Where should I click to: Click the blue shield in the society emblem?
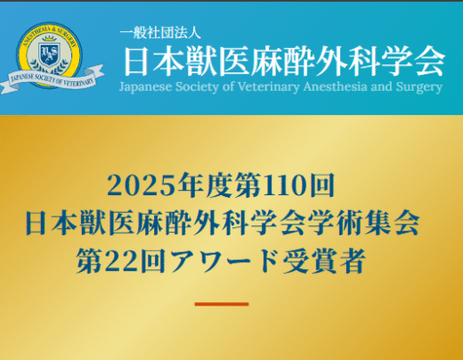(x=50, y=54)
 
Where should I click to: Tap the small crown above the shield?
(x=49, y=39)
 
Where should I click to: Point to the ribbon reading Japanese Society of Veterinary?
(x=53, y=78)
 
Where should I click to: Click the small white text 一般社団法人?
(x=160, y=33)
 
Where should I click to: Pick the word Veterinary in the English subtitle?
(x=269, y=87)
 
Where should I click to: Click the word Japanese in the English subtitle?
(x=145, y=87)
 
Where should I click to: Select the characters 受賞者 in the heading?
(x=323, y=261)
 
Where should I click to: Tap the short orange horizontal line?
(x=222, y=304)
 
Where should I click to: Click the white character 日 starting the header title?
(x=136, y=61)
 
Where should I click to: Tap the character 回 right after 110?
(x=322, y=185)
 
